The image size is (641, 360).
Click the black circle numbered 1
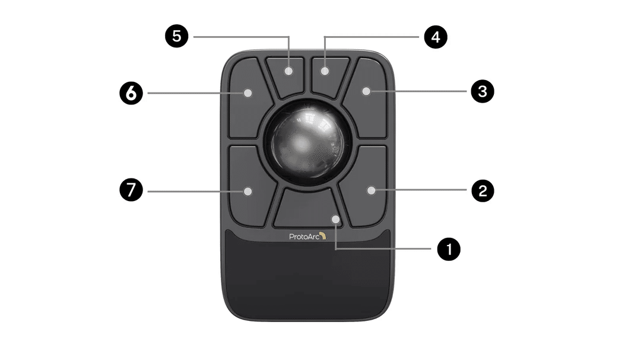point(449,249)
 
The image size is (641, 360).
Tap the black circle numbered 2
point(483,190)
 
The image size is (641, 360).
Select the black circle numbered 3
point(483,91)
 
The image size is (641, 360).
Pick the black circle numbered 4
point(436,37)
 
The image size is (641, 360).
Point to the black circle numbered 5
point(177,36)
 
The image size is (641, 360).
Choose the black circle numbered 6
point(131,93)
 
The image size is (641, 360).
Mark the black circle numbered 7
point(131,190)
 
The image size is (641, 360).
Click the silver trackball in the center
point(307,141)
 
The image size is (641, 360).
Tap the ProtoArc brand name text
point(304,236)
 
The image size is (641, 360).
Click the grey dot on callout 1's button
point(335,219)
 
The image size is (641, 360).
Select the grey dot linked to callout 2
point(371,190)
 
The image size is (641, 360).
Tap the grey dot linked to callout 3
point(366,91)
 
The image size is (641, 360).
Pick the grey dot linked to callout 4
point(325,71)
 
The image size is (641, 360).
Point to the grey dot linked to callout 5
point(289,71)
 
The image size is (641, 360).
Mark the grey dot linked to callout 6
point(247,93)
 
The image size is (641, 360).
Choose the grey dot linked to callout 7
point(247,191)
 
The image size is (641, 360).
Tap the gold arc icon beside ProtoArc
point(323,236)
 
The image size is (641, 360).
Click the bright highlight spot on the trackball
point(302,142)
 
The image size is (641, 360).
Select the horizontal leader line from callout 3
point(418,91)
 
